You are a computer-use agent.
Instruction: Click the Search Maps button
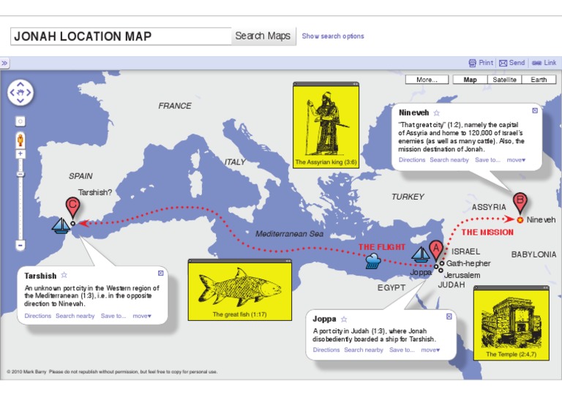tap(263, 36)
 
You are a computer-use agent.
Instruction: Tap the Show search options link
tap(332, 36)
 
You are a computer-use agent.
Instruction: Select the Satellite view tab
tap(504, 80)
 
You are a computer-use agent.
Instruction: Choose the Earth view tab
tap(539, 80)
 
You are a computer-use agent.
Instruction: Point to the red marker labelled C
tap(72, 206)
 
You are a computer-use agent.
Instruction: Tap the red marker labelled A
tap(436, 249)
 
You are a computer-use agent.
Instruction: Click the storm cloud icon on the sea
tap(372, 261)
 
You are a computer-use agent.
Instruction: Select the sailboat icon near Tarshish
tap(61, 226)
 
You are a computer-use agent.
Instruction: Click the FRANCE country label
tap(175, 106)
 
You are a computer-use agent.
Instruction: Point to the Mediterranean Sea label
tap(289, 234)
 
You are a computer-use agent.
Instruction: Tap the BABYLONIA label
tap(533, 255)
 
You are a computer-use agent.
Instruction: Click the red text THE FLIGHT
tap(381, 247)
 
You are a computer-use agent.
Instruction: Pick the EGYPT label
tap(391, 288)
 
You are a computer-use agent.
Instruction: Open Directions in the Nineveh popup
tap(412, 160)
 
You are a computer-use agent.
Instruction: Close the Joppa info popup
tap(449, 317)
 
